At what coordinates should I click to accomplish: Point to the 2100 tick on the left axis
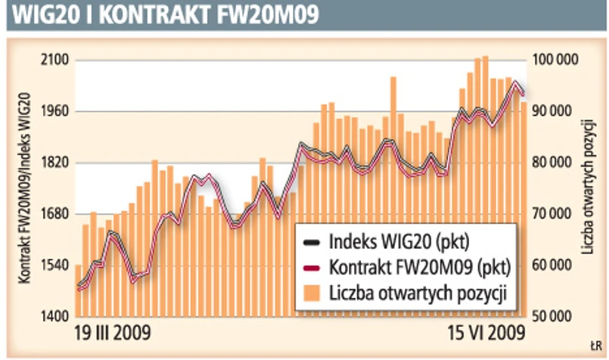[55, 61]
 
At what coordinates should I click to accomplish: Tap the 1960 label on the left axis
[55, 112]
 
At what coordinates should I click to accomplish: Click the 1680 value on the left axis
[55, 214]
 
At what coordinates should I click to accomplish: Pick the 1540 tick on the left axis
[55, 265]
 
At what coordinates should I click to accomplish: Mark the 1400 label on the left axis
[55, 316]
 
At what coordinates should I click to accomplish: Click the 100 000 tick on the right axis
[556, 61]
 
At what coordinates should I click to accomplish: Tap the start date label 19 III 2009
[113, 333]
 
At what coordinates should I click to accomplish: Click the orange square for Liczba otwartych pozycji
[312, 292]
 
